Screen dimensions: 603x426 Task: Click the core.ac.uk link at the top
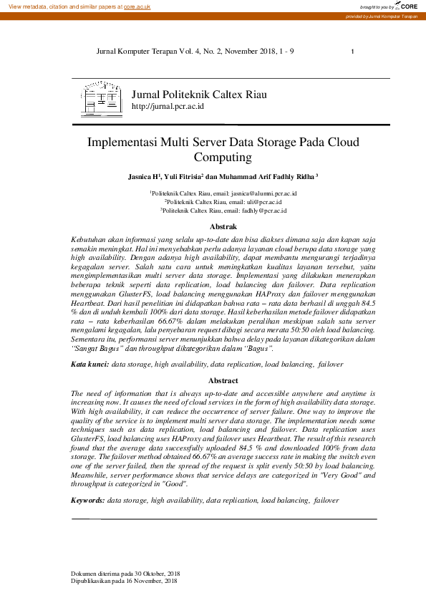pos(137,6)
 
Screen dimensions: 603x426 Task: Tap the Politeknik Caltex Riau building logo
pos(102,99)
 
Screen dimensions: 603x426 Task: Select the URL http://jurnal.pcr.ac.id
pos(168,106)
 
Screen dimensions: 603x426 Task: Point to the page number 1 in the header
pos(353,52)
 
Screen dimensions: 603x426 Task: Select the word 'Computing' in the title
pos(223,157)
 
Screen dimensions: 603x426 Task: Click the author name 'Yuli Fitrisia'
pos(182,176)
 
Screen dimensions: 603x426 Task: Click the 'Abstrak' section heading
pos(223,227)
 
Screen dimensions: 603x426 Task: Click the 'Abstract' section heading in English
pos(223,381)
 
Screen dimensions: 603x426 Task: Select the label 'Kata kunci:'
pos(90,365)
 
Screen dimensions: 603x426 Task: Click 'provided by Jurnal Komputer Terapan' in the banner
pos(382,16)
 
